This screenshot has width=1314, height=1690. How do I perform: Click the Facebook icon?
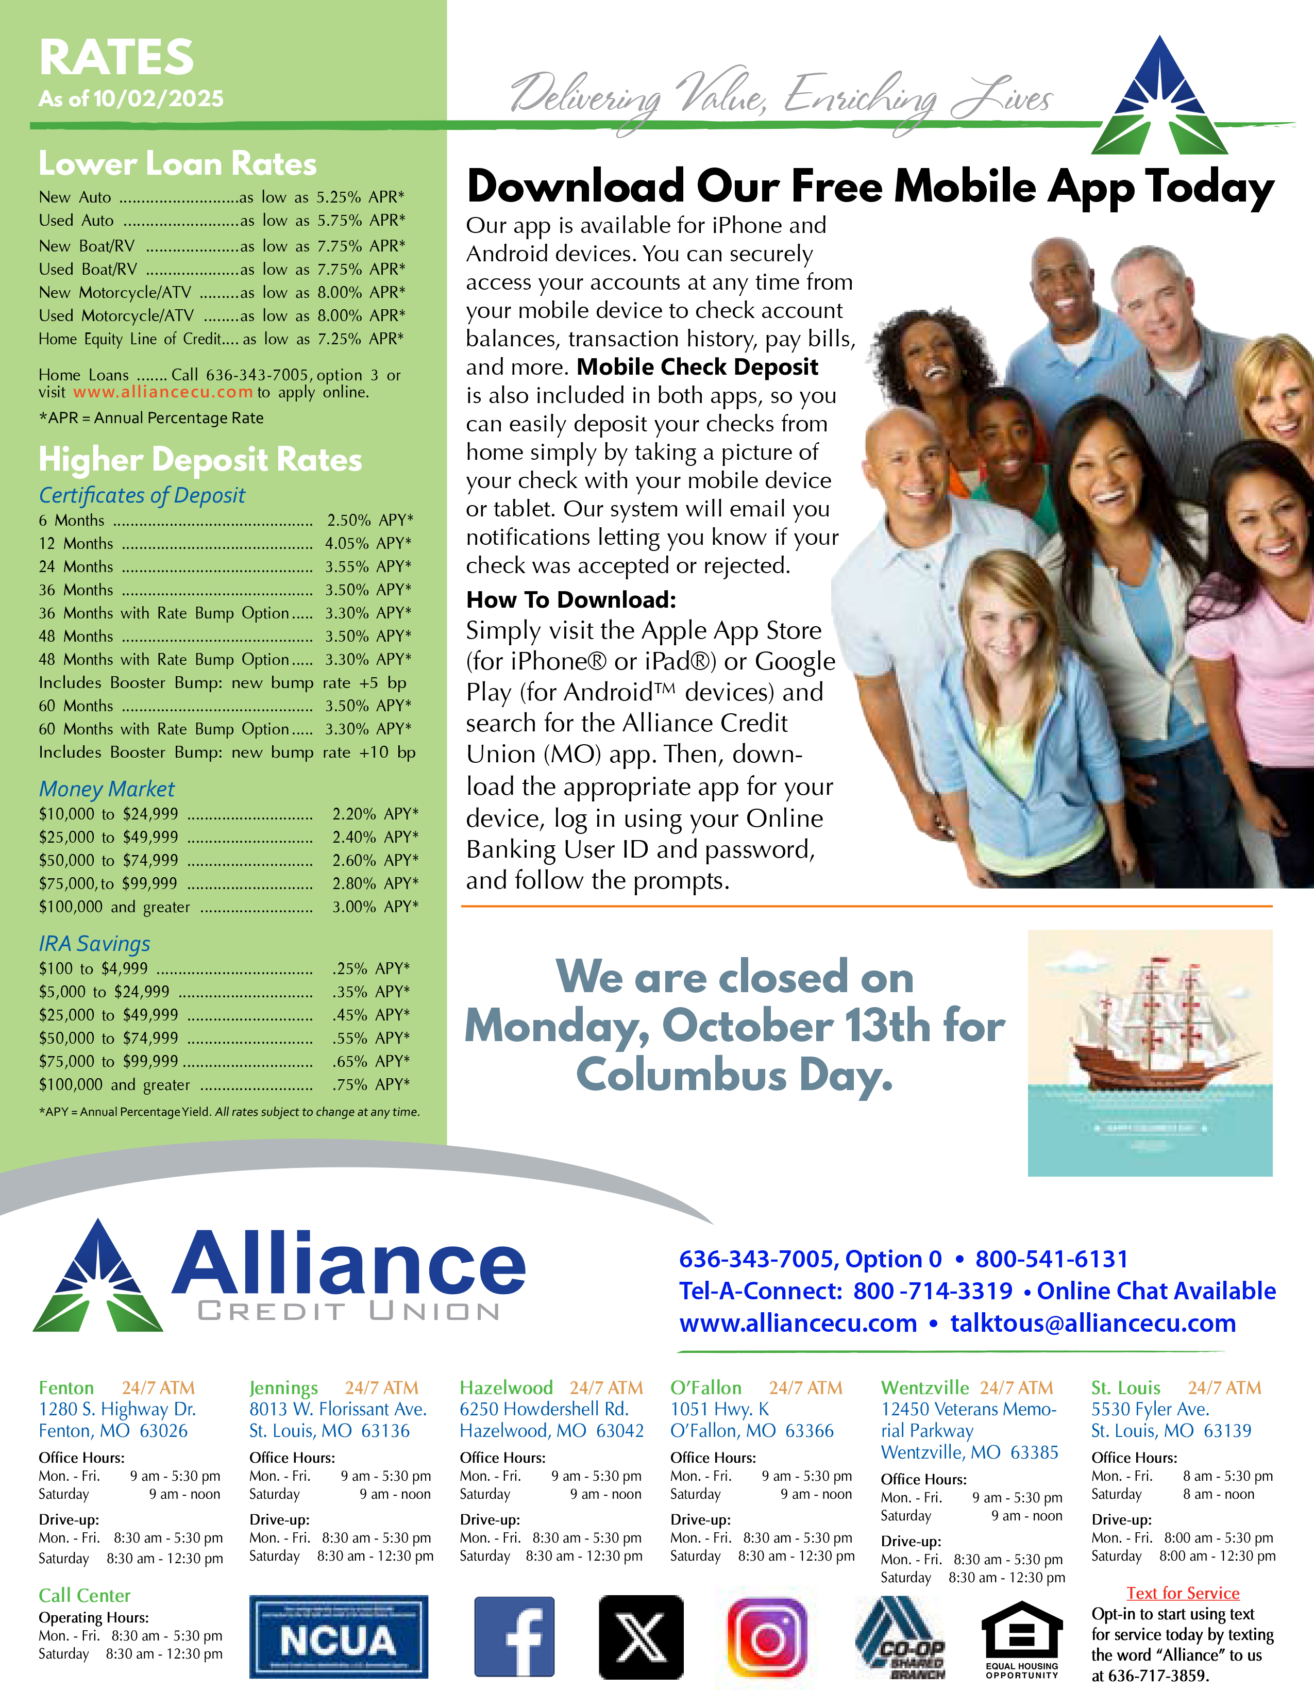tap(514, 1636)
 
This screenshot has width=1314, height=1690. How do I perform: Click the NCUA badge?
tap(338, 1636)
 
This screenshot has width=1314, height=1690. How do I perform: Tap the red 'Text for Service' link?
tap(1183, 1593)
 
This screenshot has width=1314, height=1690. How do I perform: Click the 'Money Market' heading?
tap(107, 789)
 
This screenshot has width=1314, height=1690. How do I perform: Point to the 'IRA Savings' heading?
tap(94, 944)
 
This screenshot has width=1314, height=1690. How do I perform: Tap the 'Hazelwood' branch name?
tap(506, 1387)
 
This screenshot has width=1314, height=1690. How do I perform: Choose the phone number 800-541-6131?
tap(1052, 1259)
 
